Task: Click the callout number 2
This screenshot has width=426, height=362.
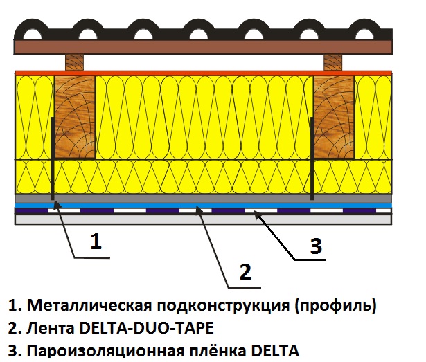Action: [x=246, y=271]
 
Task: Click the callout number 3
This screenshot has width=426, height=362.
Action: [x=316, y=246]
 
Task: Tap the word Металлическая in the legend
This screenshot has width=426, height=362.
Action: [x=89, y=305]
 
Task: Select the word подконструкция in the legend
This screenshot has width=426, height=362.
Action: [x=223, y=306]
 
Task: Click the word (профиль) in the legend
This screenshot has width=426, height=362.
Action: [x=336, y=306]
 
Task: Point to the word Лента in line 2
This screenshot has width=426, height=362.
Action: [x=51, y=328]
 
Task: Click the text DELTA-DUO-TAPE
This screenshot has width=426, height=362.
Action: [x=147, y=328]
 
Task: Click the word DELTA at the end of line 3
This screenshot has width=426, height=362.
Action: [x=275, y=350]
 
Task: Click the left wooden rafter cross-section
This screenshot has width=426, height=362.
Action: [x=76, y=117]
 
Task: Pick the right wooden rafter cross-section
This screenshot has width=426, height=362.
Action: [x=334, y=117]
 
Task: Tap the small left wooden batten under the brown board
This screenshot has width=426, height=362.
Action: [x=75, y=63]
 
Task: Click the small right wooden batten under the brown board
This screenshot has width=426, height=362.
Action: [x=333, y=63]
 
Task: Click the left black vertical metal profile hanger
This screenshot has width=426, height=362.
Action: [x=52, y=159]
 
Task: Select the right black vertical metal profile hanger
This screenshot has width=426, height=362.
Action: [x=312, y=159]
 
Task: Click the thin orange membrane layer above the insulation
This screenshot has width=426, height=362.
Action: [x=203, y=73]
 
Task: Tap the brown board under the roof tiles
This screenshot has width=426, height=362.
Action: [x=203, y=47]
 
